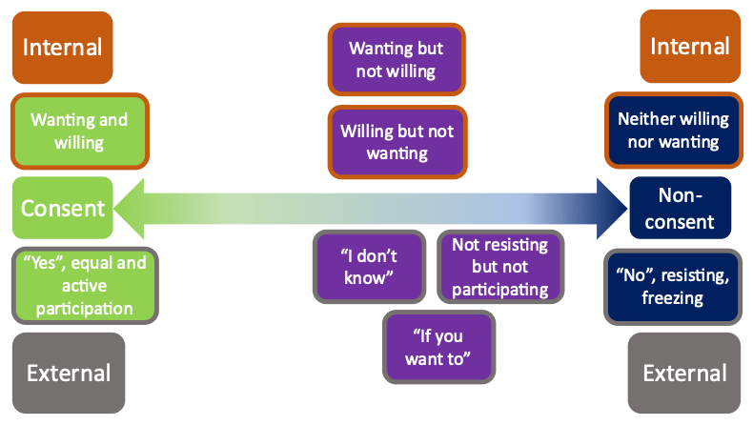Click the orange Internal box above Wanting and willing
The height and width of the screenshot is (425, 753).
click(x=62, y=48)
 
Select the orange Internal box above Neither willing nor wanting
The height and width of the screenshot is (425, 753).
click(x=690, y=47)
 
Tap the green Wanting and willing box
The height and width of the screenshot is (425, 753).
click(x=80, y=132)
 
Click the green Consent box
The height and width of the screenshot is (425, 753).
click(x=62, y=208)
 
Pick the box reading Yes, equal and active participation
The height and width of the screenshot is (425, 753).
click(x=85, y=286)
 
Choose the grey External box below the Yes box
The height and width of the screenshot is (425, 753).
click(x=69, y=374)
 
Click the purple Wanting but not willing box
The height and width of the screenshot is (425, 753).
click(x=397, y=59)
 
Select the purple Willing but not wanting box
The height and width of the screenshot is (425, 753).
click(x=397, y=142)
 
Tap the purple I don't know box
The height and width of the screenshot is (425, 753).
click(x=369, y=267)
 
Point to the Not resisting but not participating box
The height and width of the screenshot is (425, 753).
click(x=499, y=267)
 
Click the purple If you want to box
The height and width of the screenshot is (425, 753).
click(x=438, y=347)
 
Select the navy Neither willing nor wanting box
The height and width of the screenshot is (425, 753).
click(x=674, y=131)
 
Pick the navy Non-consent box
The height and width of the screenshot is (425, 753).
click(x=680, y=208)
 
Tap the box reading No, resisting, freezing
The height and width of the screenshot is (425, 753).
click(x=673, y=287)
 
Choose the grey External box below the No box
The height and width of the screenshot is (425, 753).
click(x=684, y=374)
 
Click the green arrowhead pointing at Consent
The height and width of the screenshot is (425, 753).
click(x=129, y=209)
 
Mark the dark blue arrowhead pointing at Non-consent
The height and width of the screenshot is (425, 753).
click(x=612, y=209)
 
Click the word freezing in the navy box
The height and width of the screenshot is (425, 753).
click(x=672, y=298)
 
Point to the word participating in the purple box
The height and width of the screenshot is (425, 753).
click(x=499, y=290)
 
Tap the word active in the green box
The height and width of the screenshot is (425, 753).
click(x=84, y=286)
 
